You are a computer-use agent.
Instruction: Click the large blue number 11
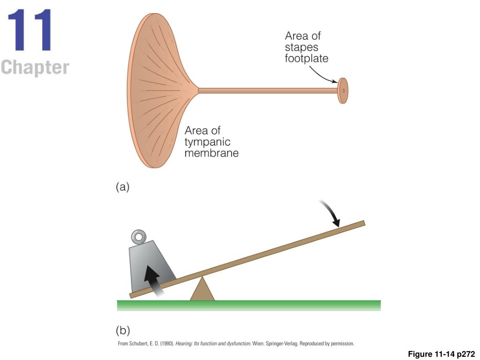30,30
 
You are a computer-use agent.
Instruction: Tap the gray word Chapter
35,67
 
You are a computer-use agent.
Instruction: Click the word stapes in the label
301,47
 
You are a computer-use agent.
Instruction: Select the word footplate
307,59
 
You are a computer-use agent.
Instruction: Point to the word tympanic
207,142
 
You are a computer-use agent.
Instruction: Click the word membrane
211,153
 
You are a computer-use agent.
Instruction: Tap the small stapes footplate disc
343,90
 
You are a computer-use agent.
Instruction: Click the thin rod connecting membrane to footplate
267,89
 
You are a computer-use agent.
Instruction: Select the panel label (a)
122,187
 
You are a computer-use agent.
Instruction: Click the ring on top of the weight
138,235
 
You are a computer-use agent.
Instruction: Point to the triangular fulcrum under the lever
202,290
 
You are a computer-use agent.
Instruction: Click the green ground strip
248,306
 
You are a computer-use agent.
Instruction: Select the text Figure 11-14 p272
442,354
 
